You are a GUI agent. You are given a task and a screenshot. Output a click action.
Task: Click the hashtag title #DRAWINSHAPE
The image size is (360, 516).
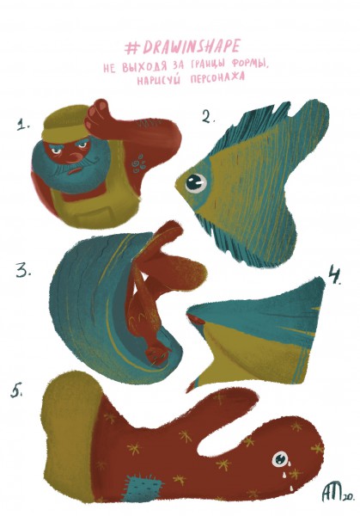[x=182, y=47]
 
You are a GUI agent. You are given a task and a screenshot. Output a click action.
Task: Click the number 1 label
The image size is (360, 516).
[x=24, y=125]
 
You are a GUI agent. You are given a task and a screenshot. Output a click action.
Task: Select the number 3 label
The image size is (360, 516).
[x=23, y=270]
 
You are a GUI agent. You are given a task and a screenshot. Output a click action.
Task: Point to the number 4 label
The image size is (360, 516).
[x=335, y=276]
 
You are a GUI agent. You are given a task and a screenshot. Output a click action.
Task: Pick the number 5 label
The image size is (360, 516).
[x=16, y=390]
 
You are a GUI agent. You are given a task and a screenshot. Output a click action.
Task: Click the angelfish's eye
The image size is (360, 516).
[x=196, y=182]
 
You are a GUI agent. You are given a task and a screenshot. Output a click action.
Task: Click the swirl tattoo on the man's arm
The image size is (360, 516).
[x=138, y=163]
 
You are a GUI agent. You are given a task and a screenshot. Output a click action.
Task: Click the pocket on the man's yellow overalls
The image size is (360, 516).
[x=91, y=217]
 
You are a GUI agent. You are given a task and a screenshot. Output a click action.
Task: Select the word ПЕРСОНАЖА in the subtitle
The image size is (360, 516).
[x=217, y=78]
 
